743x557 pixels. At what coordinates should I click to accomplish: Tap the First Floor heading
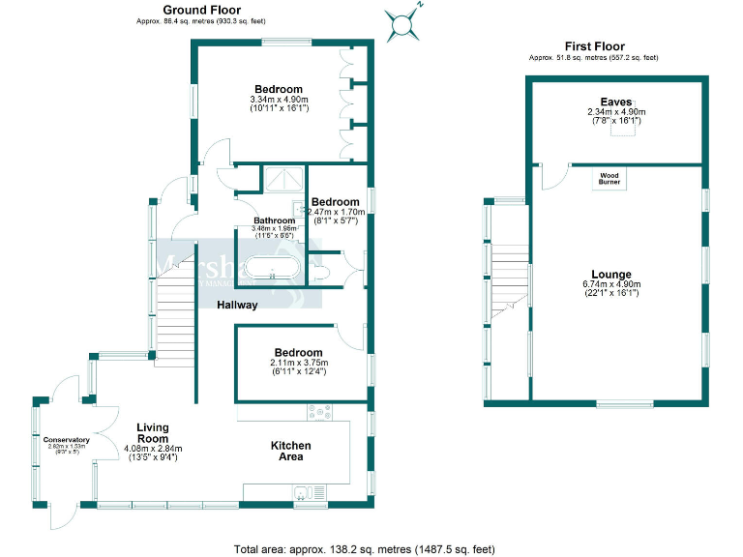tap(594, 46)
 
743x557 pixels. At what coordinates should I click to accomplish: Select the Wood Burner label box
tap(610, 178)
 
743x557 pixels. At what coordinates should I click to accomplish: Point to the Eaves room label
tap(615, 102)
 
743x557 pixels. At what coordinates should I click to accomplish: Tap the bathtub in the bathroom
tap(271, 269)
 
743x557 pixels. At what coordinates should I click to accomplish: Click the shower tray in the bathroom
tap(284, 181)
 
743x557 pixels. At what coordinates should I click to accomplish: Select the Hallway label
tap(237, 305)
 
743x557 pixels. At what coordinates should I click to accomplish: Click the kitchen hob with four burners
tap(318, 412)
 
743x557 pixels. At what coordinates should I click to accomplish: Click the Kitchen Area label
tap(290, 452)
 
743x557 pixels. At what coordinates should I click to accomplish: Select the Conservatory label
tap(66, 440)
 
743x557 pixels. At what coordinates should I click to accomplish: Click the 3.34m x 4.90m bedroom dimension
tap(279, 100)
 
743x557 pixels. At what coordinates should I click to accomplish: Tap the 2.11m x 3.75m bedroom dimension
tap(298, 363)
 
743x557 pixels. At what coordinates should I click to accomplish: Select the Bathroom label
tap(260, 220)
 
